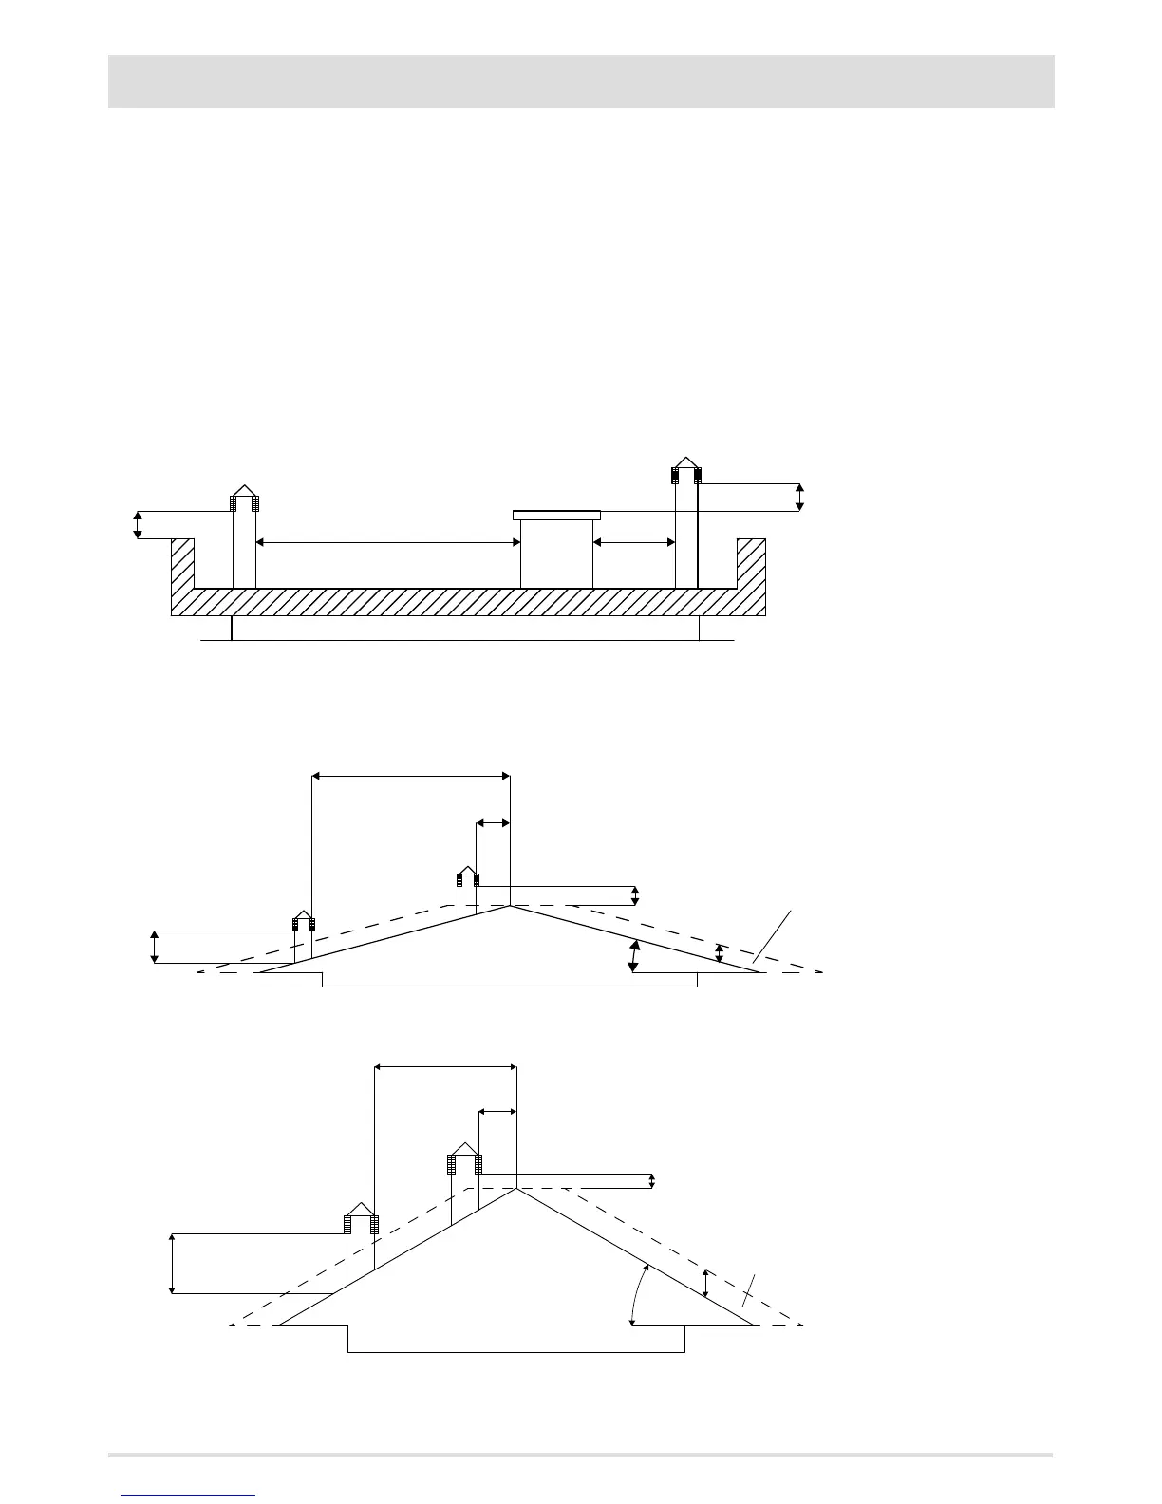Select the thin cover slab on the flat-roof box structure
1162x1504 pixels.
[556, 515]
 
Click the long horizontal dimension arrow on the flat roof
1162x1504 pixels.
[388, 543]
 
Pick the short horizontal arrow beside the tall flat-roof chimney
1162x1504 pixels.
[633, 543]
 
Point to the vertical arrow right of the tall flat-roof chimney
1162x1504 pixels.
[799, 498]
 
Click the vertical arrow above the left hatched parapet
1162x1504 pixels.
[139, 525]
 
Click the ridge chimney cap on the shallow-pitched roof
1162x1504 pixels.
[467, 874]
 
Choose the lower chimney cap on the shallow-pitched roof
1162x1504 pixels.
[303, 919]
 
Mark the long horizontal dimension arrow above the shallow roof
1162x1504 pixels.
[411, 776]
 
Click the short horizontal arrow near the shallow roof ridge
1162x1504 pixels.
[493, 822]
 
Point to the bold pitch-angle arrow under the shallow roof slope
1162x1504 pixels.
[633, 955]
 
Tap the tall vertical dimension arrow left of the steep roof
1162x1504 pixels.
[172, 1263]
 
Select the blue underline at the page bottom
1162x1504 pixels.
[189, 1495]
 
